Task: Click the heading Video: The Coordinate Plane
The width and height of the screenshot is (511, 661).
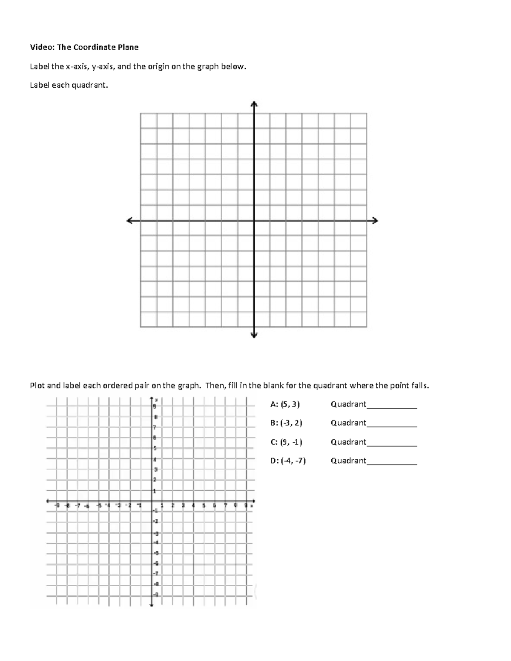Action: (84, 47)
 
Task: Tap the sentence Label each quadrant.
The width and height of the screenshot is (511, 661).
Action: (69, 85)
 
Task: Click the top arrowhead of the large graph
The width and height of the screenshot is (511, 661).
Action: (254, 104)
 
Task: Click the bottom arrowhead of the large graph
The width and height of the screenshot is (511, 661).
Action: (254, 335)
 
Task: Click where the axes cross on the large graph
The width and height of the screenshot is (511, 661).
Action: (254, 220)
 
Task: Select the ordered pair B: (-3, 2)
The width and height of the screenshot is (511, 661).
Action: (286, 423)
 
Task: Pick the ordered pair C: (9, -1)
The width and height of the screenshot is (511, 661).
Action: (286, 442)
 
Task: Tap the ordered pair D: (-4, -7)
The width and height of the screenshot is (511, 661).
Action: (288, 461)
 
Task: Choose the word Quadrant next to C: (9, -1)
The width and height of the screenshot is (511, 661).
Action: (348, 442)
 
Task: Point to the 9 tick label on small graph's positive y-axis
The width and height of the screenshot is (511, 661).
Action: (155, 406)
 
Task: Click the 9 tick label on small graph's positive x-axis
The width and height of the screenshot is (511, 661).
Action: (246, 506)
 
